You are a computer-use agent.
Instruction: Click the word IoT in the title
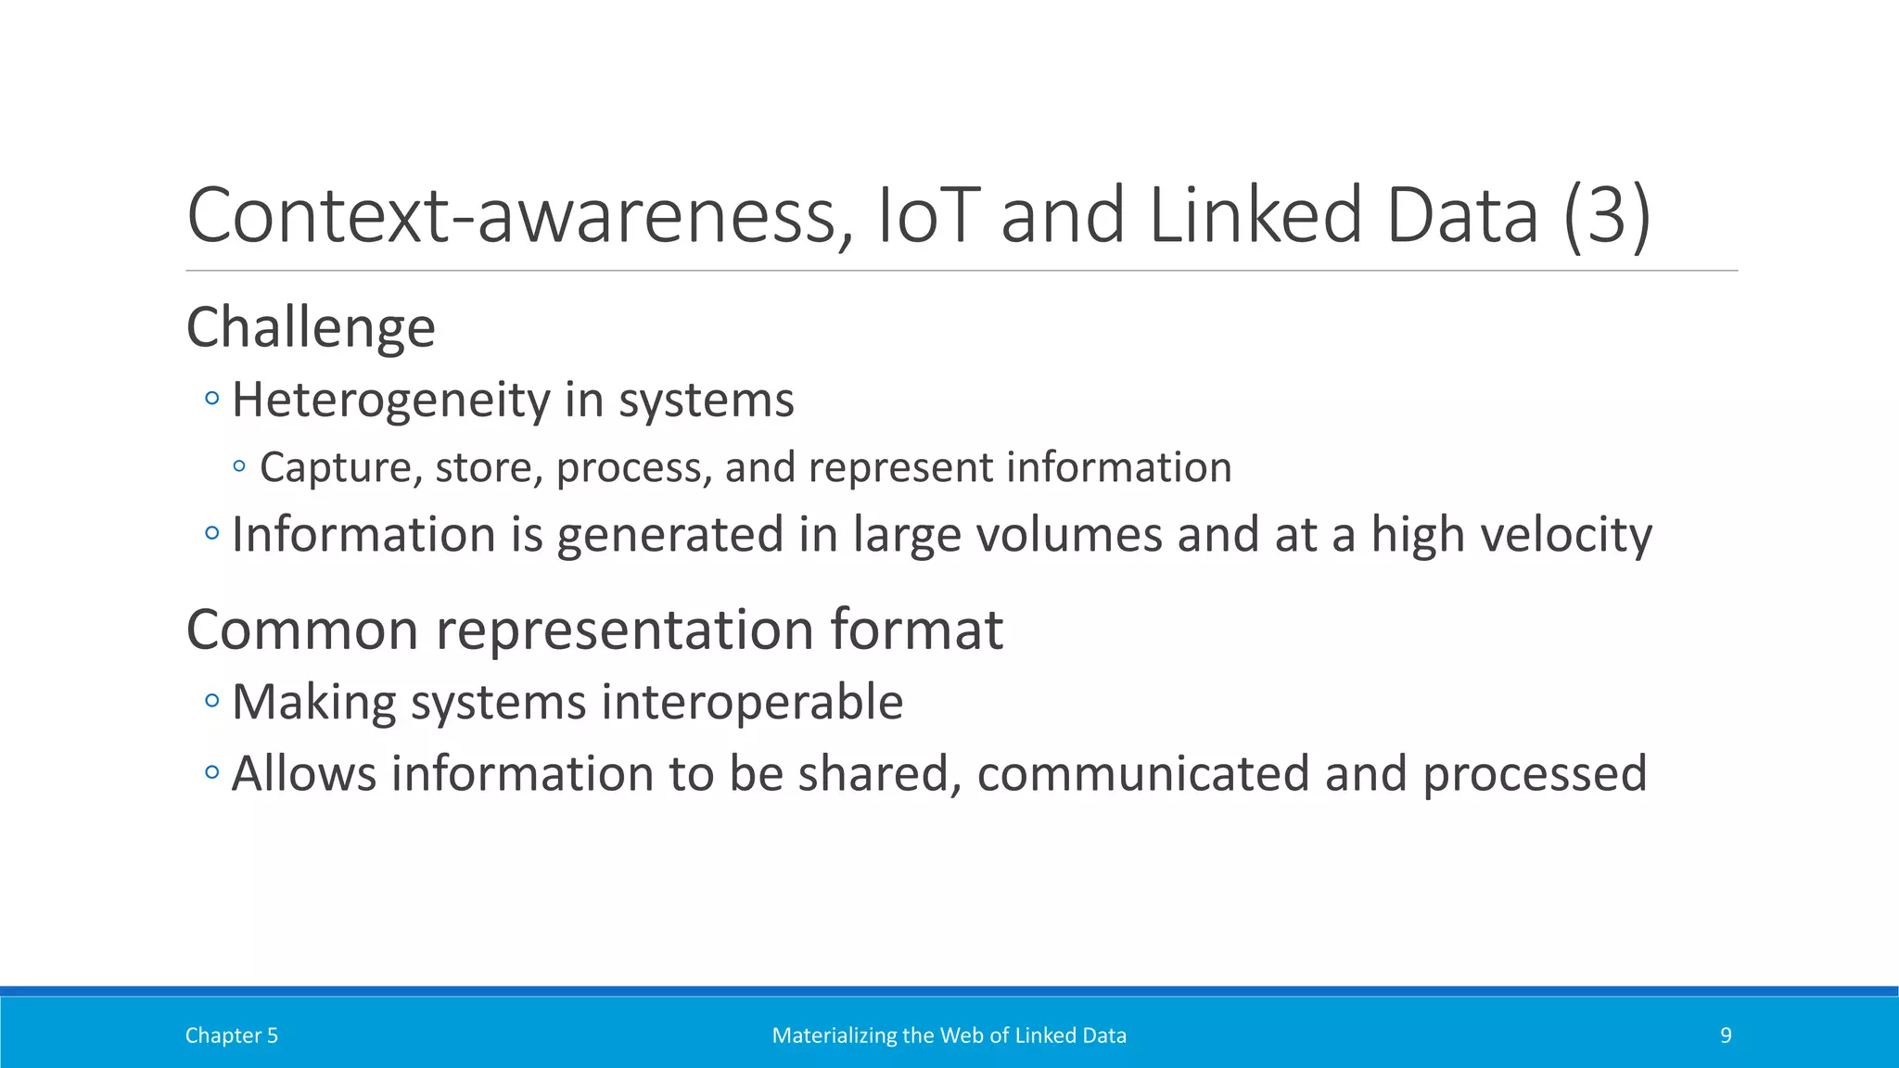click(928, 215)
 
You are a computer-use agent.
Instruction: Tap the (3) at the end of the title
click(1607, 215)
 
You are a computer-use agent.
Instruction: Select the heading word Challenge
click(311, 328)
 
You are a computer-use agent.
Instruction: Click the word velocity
click(1566, 535)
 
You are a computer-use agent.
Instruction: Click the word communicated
click(1143, 773)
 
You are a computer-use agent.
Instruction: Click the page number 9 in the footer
click(1726, 1036)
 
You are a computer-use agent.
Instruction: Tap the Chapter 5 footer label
click(231, 1036)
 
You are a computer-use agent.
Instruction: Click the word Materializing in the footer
click(833, 1036)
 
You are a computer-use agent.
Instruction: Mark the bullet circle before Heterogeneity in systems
click(211, 400)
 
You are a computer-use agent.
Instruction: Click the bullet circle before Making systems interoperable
click(211, 701)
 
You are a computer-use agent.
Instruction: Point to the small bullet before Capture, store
click(239, 466)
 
